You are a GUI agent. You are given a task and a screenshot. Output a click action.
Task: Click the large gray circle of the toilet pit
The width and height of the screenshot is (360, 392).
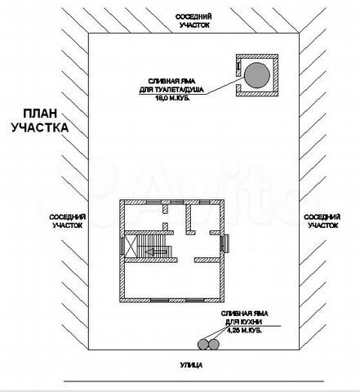[x=258, y=74]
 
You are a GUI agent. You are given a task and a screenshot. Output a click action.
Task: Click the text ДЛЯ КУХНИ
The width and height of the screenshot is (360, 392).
[x=247, y=323]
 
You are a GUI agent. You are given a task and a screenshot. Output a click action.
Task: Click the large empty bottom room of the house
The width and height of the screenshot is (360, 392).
[x=171, y=282]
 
